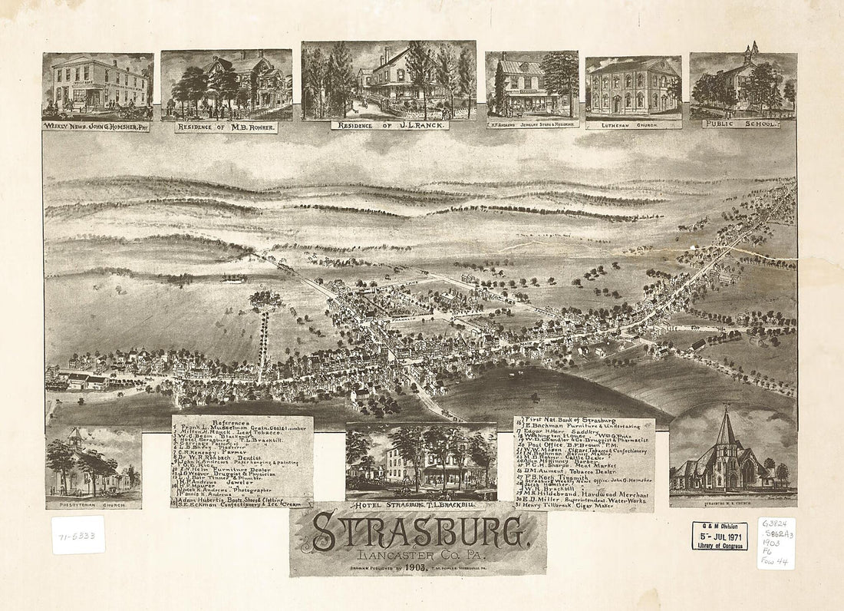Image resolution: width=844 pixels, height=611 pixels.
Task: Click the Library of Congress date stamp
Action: click(719, 536)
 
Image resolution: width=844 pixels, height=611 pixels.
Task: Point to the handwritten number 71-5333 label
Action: click(77, 535)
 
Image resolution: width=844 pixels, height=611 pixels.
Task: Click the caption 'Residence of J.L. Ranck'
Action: click(389, 125)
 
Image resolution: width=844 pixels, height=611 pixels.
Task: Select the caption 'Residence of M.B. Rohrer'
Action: click(226, 127)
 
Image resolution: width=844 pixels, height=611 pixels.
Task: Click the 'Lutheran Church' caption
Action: click(633, 123)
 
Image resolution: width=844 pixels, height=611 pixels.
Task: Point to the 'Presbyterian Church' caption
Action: click(93, 504)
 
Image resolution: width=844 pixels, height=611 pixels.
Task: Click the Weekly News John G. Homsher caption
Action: click(96, 127)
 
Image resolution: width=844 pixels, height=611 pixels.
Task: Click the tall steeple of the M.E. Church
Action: click(725, 430)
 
